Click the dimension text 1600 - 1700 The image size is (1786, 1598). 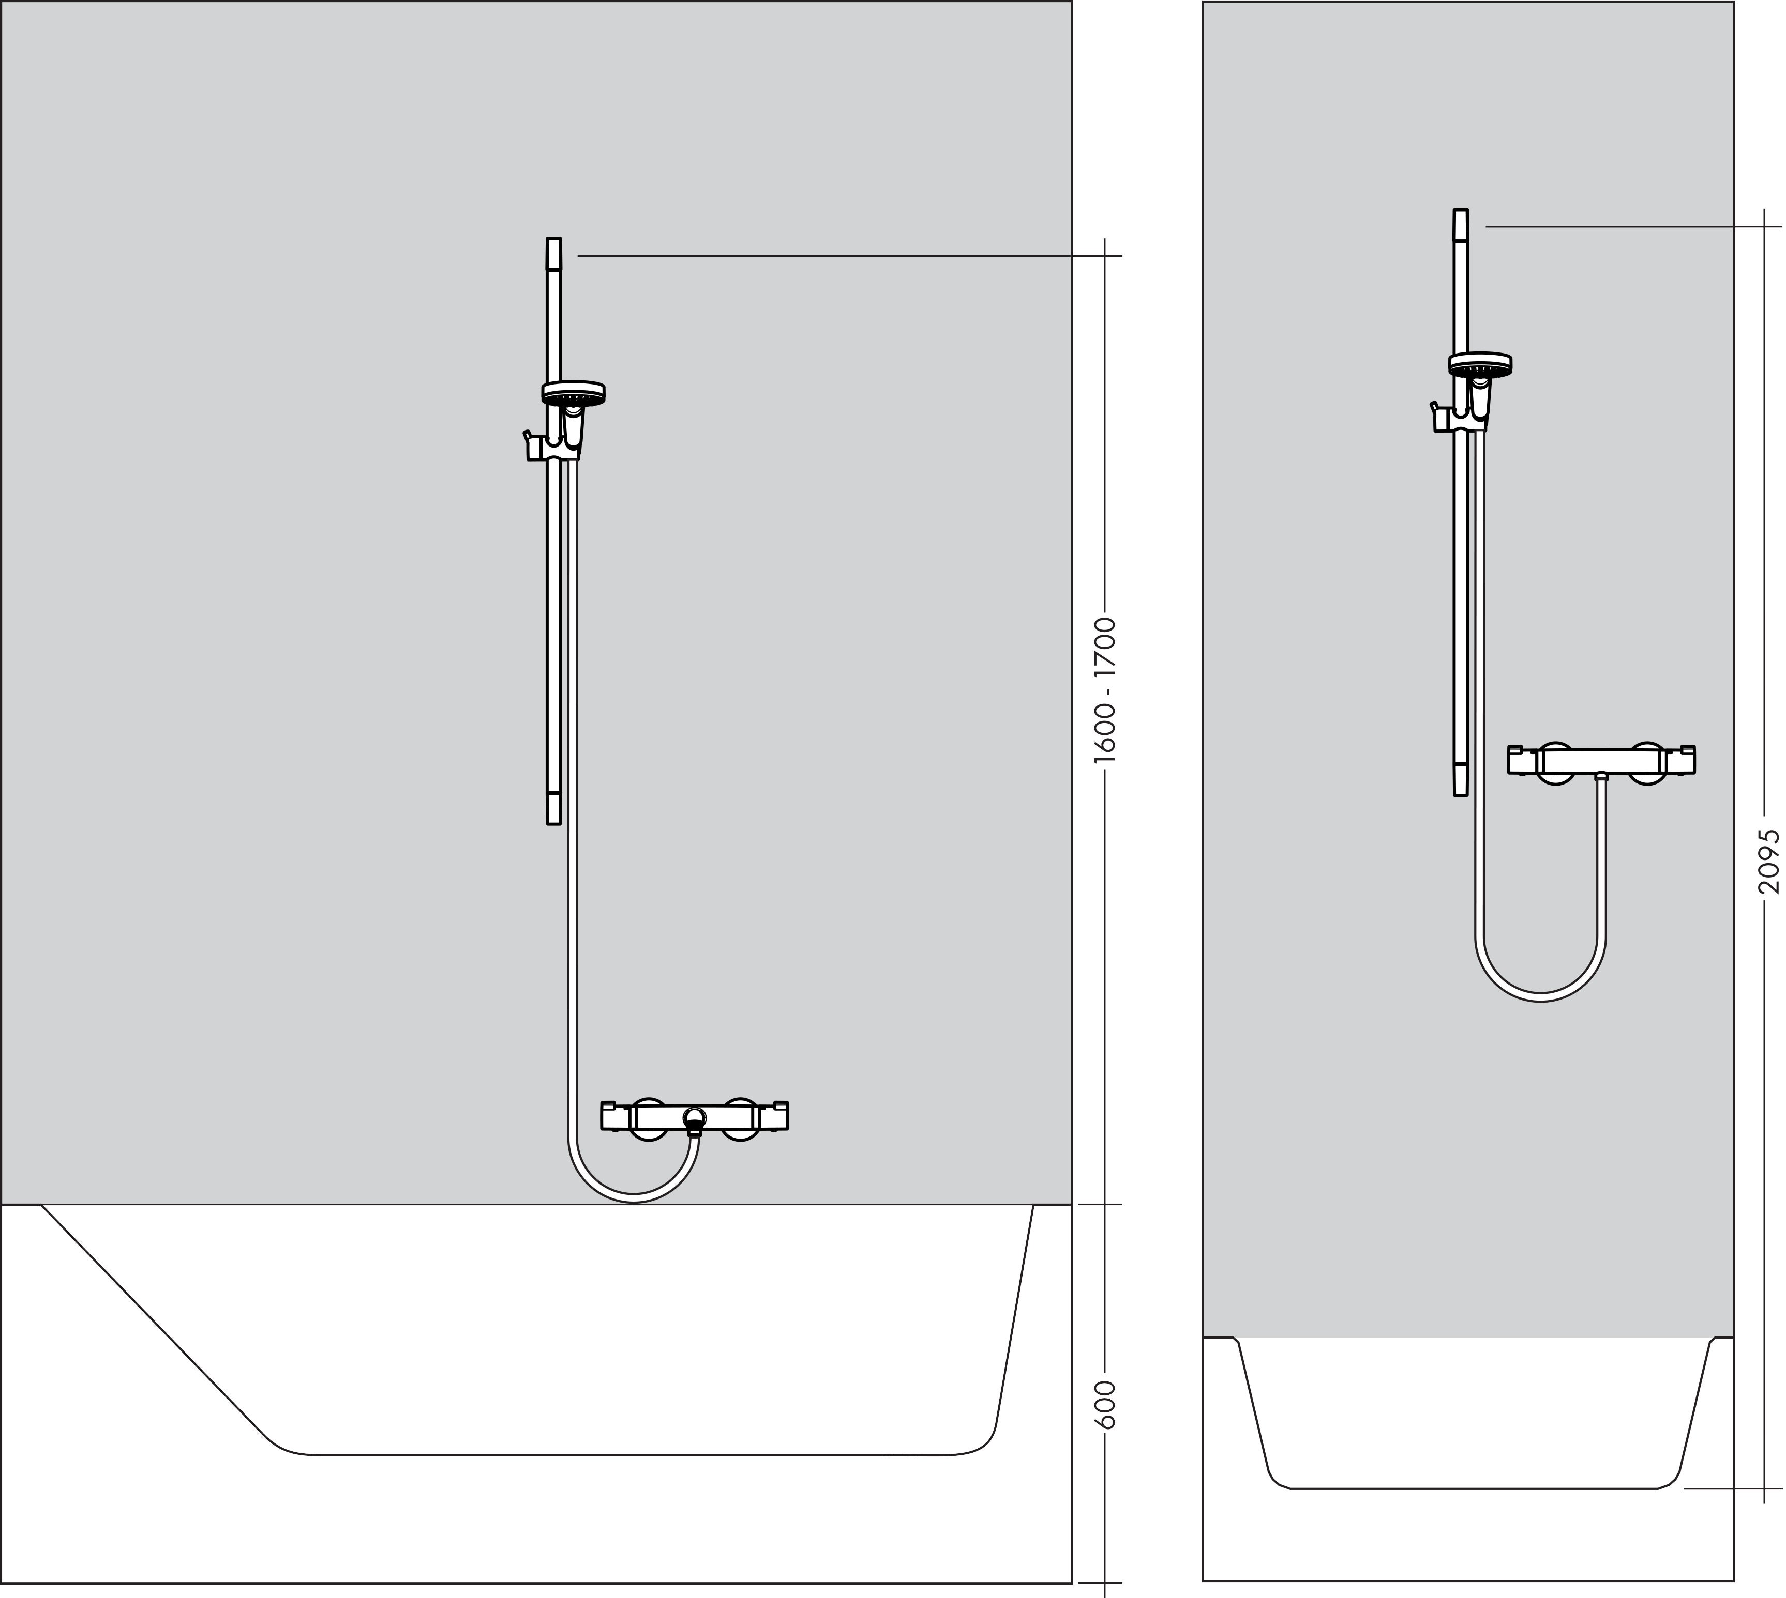pos(1105,689)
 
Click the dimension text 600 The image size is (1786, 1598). pos(1107,1404)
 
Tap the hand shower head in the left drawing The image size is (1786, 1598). pos(573,392)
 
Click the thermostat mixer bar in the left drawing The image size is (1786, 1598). pos(694,1116)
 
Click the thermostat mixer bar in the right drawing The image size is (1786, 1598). pos(1601,760)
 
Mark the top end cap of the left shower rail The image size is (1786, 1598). pos(553,252)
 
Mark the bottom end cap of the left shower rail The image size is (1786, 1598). pos(553,808)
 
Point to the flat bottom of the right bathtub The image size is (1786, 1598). pos(1476,1488)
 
